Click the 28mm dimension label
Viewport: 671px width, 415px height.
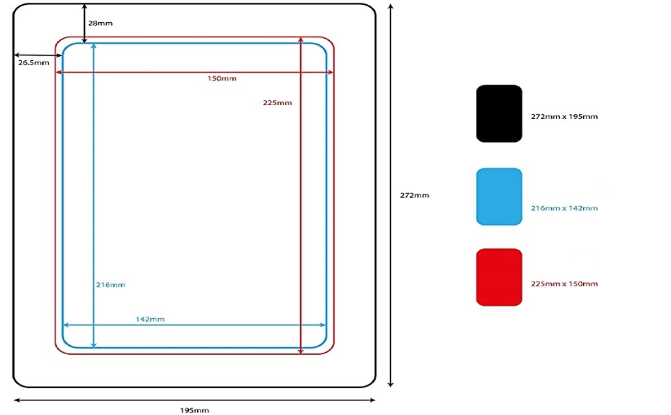click(x=100, y=23)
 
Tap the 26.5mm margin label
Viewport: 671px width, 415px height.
click(x=33, y=62)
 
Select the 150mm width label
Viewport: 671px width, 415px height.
click(x=221, y=78)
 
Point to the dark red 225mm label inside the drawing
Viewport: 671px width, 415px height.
click(x=277, y=103)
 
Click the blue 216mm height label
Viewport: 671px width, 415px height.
click(x=111, y=285)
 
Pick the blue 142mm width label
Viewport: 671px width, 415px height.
click(x=150, y=319)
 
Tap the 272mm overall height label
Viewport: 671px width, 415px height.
click(x=414, y=195)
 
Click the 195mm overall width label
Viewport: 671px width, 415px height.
click(x=194, y=410)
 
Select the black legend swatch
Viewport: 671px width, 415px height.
click(x=499, y=113)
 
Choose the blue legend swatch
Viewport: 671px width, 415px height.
click(x=499, y=196)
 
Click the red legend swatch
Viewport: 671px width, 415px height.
click(x=499, y=277)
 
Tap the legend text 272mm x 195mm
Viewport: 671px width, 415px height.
click(x=564, y=116)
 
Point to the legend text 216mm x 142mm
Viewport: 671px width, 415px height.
click(x=564, y=208)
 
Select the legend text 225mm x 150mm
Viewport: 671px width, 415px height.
click(x=564, y=284)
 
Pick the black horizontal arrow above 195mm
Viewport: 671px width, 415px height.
click(x=194, y=400)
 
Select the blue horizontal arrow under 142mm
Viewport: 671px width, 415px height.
click(x=194, y=324)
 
